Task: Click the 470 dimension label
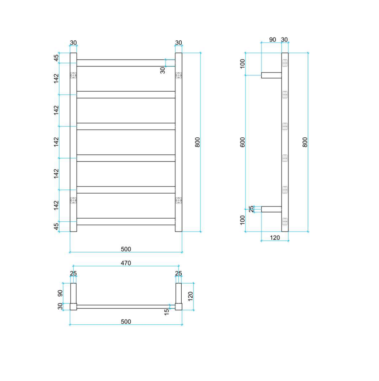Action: point(126,263)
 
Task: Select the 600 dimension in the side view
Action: point(242,142)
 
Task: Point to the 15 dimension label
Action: point(167,312)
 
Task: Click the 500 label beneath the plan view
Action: point(126,322)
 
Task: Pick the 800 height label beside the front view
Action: point(198,142)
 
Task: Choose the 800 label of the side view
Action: point(305,142)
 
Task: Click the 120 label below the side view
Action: point(275,237)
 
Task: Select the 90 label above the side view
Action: point(273,40)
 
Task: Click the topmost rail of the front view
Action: point(126,63)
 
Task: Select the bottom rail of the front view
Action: point(126,221)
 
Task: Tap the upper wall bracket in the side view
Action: point(271,75)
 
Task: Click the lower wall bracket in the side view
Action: point(271,209)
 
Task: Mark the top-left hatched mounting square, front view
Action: point(73,75)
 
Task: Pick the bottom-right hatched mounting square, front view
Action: point(179,200)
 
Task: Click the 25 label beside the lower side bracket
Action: point(252,209)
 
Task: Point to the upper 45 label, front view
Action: point(56,58)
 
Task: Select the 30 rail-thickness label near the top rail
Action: point(162,70)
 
